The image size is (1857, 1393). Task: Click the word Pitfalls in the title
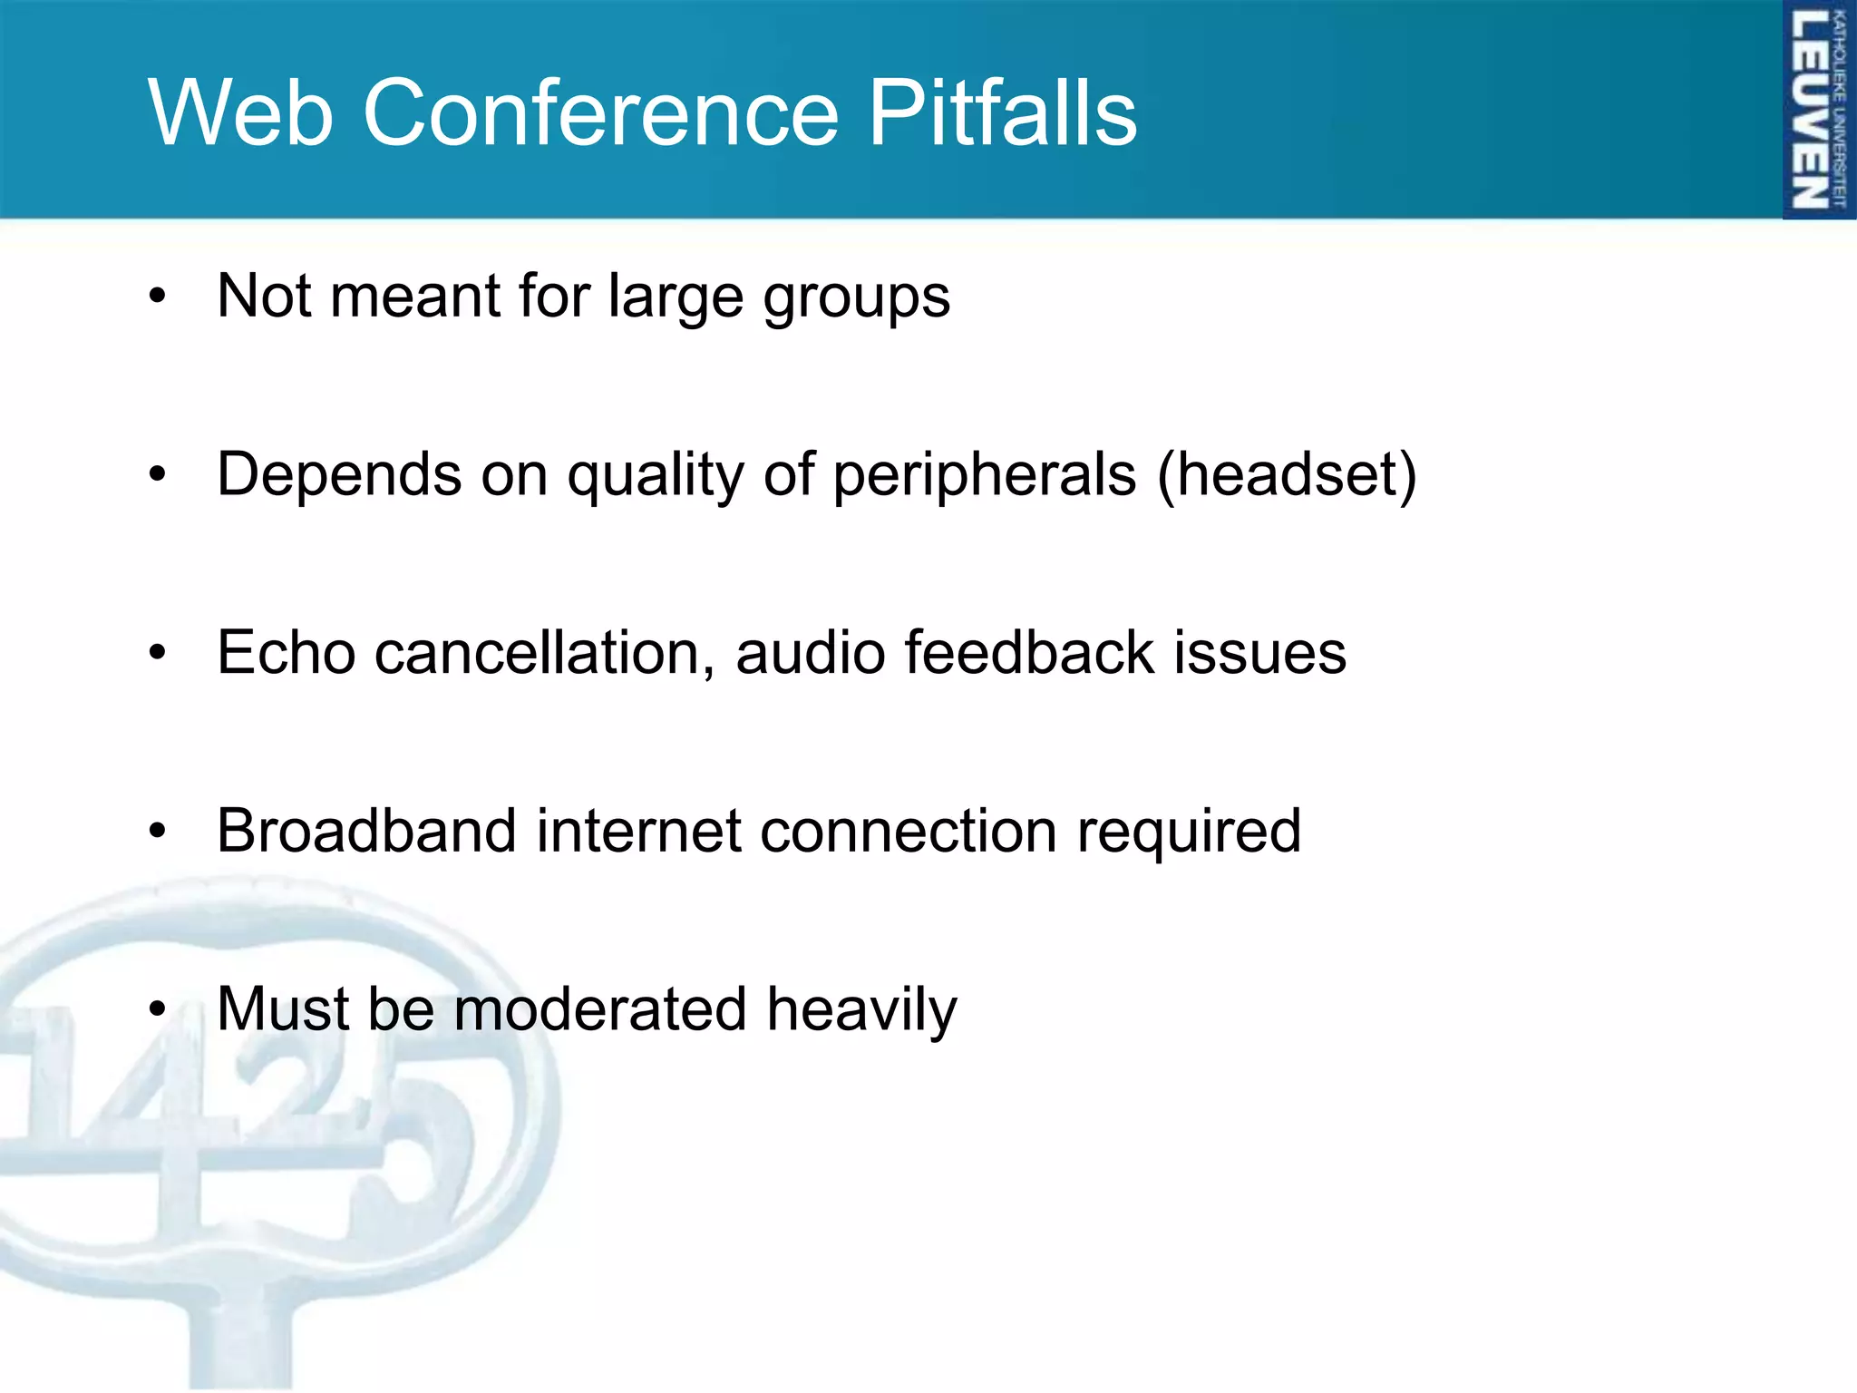1002,112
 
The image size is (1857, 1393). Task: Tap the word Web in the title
241,112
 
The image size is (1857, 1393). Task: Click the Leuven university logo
1818,110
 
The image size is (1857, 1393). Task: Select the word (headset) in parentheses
1287,475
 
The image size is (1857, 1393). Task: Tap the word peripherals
984,475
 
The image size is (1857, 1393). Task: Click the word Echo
286,653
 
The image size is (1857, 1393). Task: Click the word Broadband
366,831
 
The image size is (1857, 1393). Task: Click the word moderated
599,1009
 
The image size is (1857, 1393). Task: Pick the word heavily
861,1009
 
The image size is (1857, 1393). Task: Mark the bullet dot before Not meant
159,297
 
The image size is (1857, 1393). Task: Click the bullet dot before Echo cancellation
159,652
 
